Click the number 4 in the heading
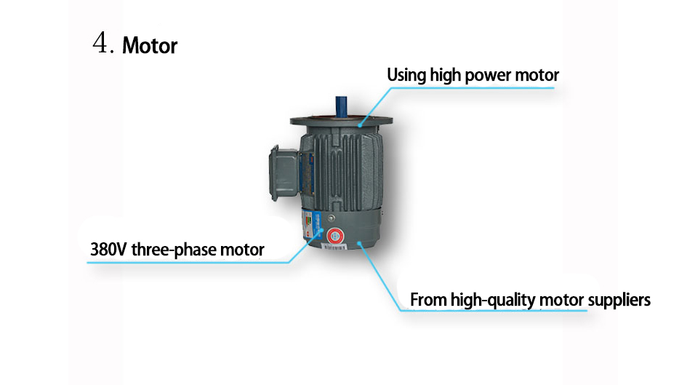click(102, 44)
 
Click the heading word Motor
click(150, 46)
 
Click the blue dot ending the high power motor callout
click(358, 124)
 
